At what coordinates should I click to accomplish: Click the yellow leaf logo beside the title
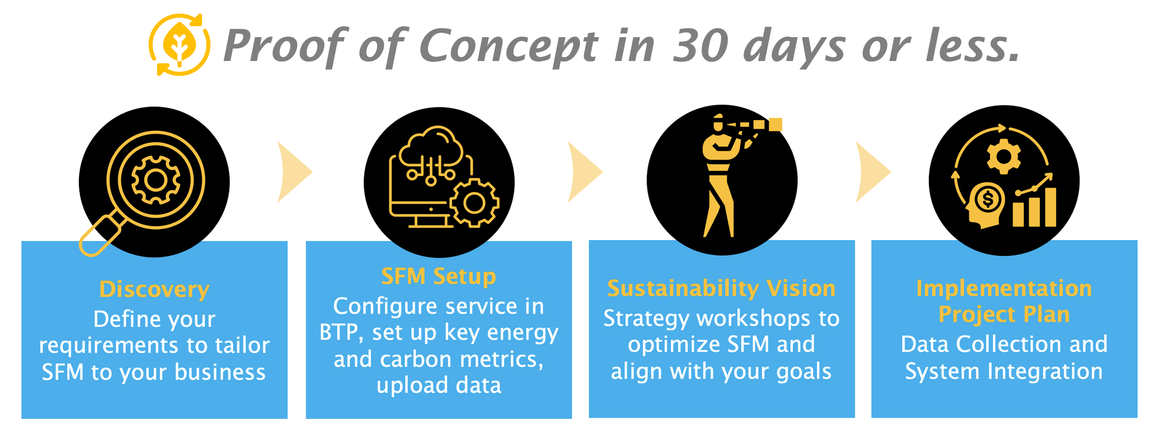click(180, 45)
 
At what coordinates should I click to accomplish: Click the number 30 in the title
click(700, 46)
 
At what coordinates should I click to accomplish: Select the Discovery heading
click(154, 290)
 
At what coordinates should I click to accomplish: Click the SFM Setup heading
click(438, 276)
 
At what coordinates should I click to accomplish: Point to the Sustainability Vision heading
click(721, 289)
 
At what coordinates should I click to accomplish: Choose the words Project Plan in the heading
click(1004, 315)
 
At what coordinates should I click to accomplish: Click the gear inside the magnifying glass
click(156, 180)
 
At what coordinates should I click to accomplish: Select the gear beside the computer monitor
click(474, 203)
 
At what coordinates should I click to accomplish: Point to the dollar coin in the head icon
click(987, 199)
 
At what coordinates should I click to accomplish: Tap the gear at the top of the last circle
click(1004, 156)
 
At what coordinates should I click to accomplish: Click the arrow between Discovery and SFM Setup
click(293, 172)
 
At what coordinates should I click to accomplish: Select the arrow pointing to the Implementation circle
click(871, 172)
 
